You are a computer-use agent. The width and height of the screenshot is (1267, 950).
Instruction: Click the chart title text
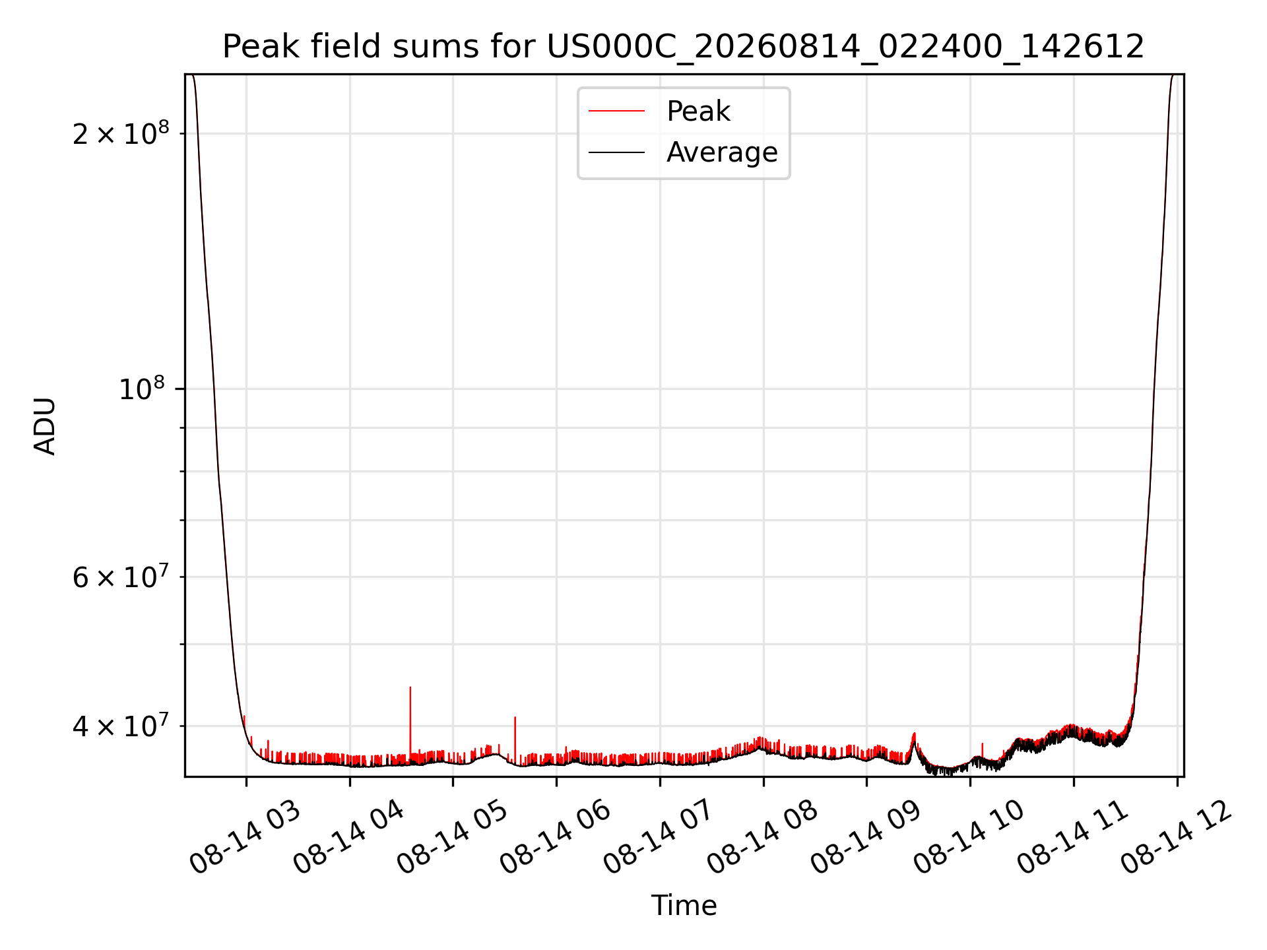point(684,47)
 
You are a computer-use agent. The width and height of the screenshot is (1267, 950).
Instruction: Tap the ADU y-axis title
point(45,426)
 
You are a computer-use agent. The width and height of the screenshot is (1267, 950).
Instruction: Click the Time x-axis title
point(684,905)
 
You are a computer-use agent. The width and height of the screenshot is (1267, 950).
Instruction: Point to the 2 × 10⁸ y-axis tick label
point(121,133)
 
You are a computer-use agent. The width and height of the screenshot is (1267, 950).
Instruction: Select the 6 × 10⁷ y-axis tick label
point(121,577)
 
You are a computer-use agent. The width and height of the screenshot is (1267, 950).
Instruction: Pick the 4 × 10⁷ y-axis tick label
point(121,726)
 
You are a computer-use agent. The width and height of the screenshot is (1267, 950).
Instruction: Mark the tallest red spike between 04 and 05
point(410,687)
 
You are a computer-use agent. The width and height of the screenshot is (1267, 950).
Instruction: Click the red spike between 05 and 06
point(515,718)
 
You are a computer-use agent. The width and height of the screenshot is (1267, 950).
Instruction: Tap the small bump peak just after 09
point(914,734)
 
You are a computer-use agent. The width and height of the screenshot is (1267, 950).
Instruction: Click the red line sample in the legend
point(616,111)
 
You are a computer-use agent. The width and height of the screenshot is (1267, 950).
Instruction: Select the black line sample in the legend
point(616,152)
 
